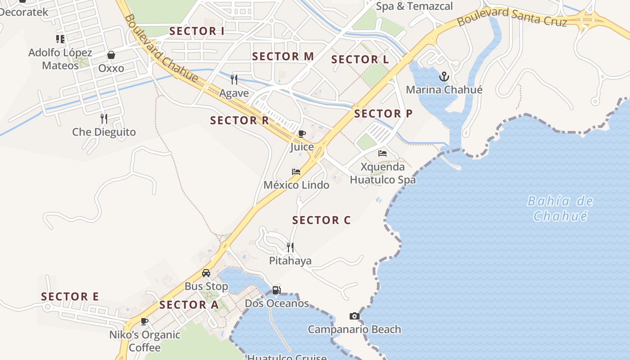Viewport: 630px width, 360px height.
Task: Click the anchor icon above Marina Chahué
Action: click(444, 76)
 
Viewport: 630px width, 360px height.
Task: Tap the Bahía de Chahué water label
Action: click(560, 208)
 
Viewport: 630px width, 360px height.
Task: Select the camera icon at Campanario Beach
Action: click(355, 316)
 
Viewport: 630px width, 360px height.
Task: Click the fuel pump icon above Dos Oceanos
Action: click(276, 290)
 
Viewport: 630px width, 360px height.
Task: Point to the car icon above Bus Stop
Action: click(206, 273)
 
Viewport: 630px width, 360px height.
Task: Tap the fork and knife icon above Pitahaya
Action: click(290, 247)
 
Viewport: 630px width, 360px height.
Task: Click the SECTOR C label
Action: click(321, 220)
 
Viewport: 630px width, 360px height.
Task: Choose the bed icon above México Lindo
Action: click(296, 172)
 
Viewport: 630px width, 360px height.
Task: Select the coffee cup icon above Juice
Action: click(302, 134)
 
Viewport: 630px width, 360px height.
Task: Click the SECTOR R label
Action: click(239, 120)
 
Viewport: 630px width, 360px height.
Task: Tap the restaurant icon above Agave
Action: click(234, 80)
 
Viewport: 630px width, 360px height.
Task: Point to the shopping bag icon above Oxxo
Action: click(111, 55)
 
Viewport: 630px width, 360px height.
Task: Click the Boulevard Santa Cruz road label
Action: click(512, 17)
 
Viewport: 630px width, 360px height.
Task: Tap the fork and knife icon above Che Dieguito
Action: click(104, 118)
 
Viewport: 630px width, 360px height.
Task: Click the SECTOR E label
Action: click(70, 297)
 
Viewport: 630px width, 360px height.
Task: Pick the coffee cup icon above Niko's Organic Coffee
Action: click(144, 321)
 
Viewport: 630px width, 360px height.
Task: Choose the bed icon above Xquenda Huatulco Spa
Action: click(382, 153)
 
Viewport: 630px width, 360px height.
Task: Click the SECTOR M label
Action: click(283, 56)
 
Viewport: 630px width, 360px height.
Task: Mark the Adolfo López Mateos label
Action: click(60, 59)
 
